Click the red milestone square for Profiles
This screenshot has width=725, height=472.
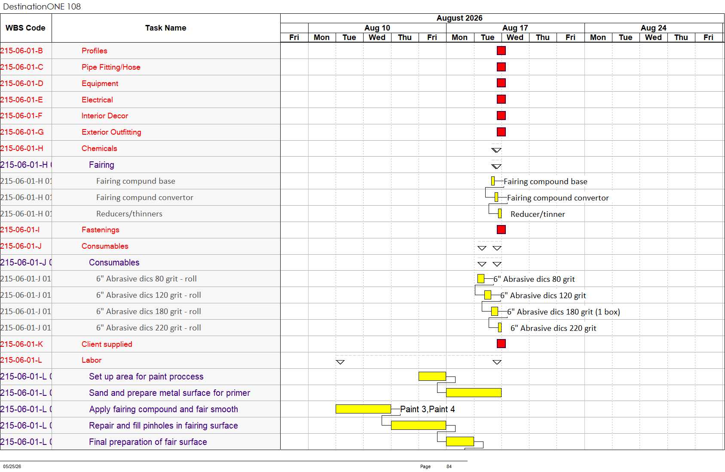point(501,50)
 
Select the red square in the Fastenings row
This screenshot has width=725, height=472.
point(501,230)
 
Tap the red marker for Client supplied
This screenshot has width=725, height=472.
point(501,344)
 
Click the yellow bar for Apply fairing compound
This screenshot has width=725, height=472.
point(363,409)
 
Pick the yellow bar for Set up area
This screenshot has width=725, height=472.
point(432,376)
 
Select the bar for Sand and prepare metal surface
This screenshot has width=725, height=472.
point(474,393)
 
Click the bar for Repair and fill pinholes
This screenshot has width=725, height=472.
point(419,425)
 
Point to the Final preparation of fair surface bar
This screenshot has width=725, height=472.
point(460,441)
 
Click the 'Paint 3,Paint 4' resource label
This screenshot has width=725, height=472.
point(427,409)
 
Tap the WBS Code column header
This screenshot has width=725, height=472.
point(25,28)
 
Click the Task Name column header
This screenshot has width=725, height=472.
point(165,28)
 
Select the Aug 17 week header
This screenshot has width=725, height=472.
point(515,28)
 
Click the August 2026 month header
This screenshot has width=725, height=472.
point(459,18)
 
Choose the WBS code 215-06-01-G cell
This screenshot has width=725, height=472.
point(21,132)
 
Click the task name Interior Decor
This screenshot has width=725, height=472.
point(104,116)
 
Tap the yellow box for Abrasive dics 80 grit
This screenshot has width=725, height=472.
point(480,279)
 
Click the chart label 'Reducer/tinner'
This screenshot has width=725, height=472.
point(537,214)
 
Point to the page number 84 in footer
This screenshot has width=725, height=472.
point(449,466)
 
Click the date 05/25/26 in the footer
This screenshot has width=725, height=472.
point(12,466)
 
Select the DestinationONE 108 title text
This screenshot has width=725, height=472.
point(42,6)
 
